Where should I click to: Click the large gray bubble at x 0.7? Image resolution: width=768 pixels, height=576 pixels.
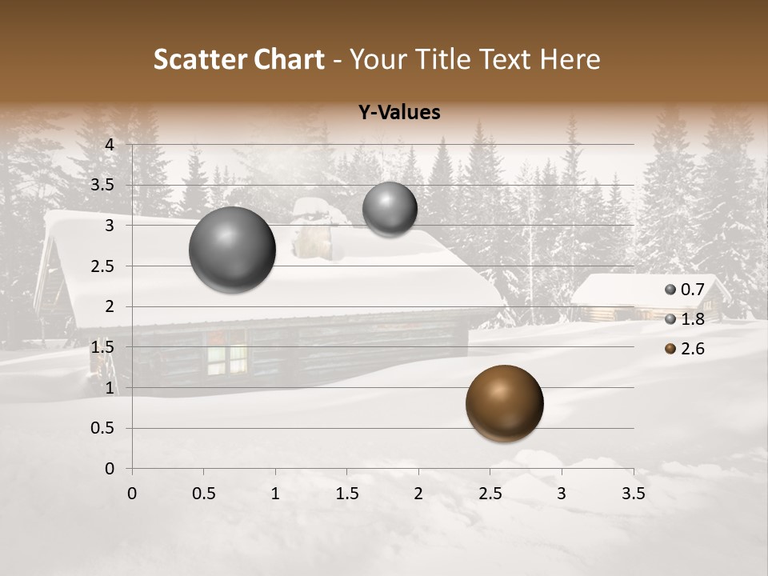pos(233,250)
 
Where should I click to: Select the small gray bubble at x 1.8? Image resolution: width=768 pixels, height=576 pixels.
pos(390,209)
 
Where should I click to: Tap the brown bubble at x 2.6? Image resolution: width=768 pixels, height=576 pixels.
pos(504,403)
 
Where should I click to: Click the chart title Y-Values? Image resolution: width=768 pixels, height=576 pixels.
pos(399,113)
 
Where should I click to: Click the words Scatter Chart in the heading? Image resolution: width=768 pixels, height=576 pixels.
pos(238,59)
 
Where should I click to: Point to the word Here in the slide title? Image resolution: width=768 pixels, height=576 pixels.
pos(570,59)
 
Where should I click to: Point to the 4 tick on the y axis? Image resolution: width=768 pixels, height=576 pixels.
pos(110,145)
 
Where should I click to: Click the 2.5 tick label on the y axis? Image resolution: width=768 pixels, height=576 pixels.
pos(102,266)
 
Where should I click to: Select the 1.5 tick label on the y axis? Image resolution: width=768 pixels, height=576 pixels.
pos(102,347)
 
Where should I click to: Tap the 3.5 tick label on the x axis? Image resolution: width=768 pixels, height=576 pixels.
pos(633,494)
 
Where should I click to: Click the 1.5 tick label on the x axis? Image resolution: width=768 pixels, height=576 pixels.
pos(346,494)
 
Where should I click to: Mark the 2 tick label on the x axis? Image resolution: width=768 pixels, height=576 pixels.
pos(418,494)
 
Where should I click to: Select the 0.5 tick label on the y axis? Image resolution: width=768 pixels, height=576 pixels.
pos(102,428)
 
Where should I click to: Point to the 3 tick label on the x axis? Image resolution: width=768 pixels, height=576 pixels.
pos(562,494)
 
